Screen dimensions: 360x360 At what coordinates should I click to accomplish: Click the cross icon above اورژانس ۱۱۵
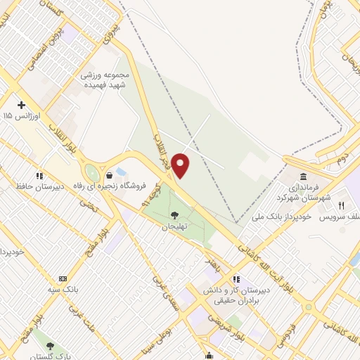[22, 104]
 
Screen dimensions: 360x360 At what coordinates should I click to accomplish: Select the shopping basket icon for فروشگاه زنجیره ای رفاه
[109, 175]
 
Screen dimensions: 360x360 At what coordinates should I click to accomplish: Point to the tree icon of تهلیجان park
[174, 215]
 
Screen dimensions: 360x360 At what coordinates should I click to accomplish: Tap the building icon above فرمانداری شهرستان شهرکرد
[303, 176]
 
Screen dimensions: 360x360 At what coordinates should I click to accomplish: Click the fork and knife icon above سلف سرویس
[342, 205]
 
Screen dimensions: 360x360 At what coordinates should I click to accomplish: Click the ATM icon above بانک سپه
[63, 278]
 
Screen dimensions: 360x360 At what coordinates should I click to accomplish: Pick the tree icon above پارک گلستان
[51, 345]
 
